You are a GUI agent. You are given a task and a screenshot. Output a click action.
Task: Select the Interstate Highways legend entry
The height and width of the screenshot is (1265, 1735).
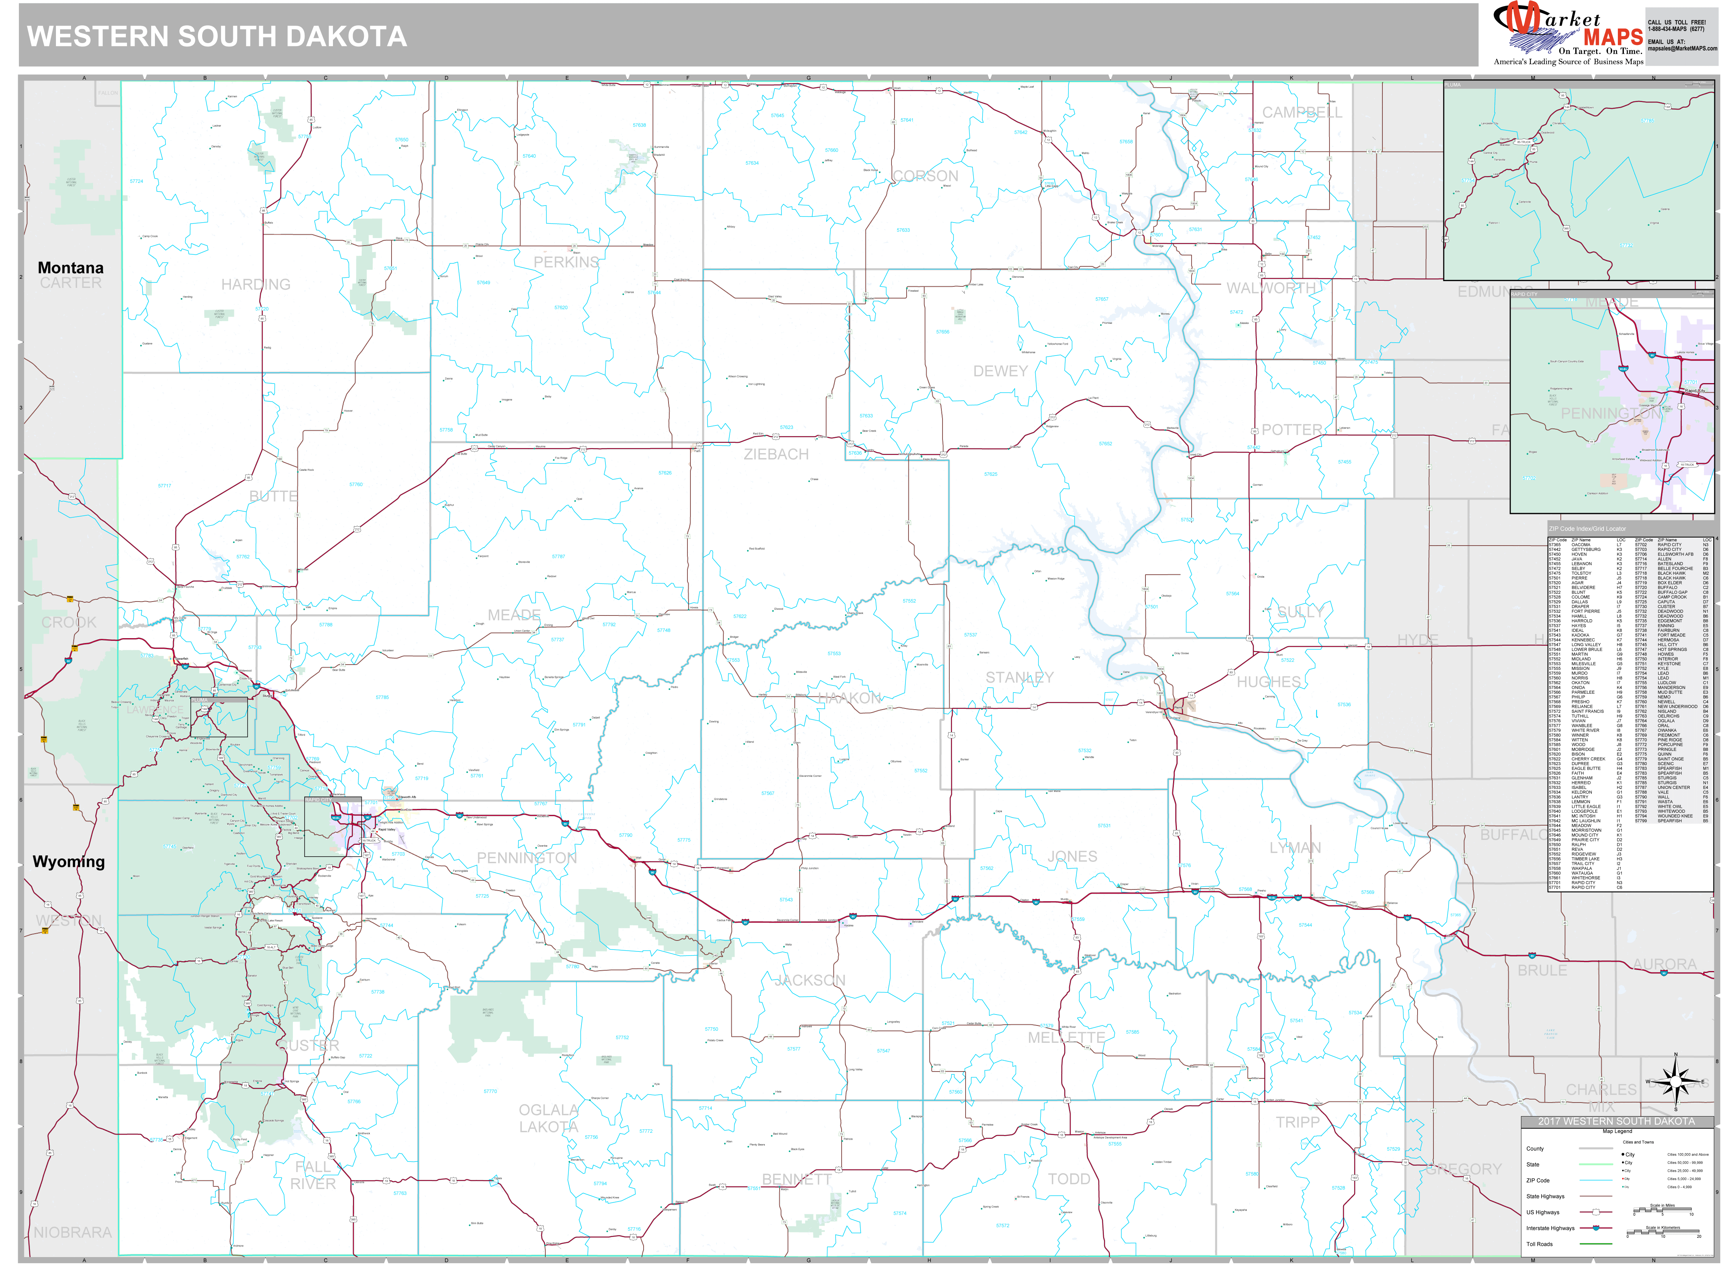(x=1551, y=1228)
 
